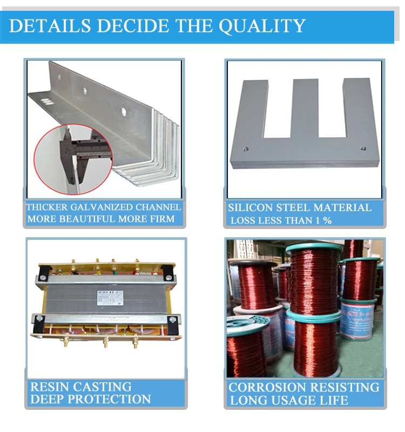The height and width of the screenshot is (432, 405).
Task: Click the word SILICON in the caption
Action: [x=252, y=207]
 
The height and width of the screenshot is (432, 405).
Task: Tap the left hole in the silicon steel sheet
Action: [x=246, y=147]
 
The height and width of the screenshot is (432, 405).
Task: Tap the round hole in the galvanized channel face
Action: [x=125, y=112]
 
